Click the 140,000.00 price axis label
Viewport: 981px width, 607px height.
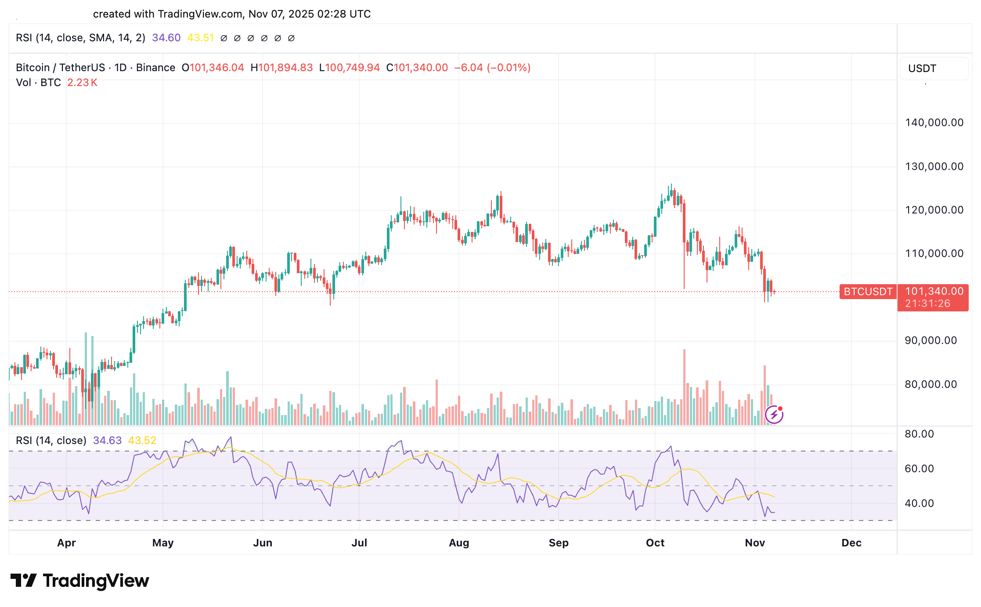(934, 123)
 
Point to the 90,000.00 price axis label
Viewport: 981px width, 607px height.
(931, 340)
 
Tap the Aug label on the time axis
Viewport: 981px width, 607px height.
(459, 543)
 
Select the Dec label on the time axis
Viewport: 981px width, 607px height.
(851, 543)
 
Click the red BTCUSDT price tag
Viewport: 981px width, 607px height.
(868, 292)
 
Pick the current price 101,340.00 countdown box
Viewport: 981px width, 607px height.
(933, 297)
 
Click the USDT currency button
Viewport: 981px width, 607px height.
(922, 69)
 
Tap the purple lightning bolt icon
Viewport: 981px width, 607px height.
(774, 414)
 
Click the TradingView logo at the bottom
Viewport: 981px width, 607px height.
(80, 581)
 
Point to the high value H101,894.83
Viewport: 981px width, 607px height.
(281, 68)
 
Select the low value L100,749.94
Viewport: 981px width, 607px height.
(349, 68)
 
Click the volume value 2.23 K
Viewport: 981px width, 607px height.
(82, 83)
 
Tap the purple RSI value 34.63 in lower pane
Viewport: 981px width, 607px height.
(107, 441)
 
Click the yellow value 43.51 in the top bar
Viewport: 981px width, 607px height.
(200, 38)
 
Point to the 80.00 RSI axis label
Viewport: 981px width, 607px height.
(919, 434)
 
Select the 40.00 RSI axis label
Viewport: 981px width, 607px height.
(919, 503)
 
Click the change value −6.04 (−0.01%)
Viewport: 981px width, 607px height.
(492, 68)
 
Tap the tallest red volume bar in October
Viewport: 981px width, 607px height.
(684, 387)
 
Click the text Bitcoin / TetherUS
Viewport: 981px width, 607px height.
(60, 68)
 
